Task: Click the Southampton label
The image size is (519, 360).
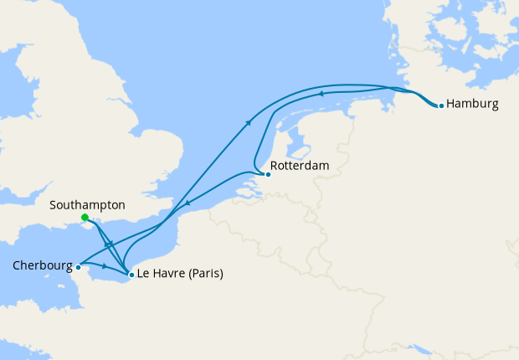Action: (x=87, y=204)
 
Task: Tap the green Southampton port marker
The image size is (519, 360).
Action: (x=85, y=218)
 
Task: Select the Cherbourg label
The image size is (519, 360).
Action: (x=42, y=266)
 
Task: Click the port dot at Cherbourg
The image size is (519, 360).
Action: (x=78, y=268)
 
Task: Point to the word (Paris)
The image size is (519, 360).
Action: (x=206, y=273)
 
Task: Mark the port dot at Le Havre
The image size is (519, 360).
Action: (x=131, y=274)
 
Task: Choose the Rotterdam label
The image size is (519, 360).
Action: (x=301, y=166)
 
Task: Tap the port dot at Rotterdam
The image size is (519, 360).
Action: (x=267, y=174)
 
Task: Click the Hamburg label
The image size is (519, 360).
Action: (x=473, y=105)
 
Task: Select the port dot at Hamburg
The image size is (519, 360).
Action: (x=441, y=105)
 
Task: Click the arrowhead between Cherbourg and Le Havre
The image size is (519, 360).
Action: (x=105, y=267)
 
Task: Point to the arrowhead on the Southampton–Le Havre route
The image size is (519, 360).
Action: (x=110, y=244)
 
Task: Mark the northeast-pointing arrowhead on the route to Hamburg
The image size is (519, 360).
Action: (x=249, y=123)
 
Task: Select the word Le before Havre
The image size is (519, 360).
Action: (x=144, y=273)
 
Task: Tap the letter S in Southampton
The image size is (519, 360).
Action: (x=53, y=204)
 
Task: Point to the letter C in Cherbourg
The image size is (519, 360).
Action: (x=18, y=266)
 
